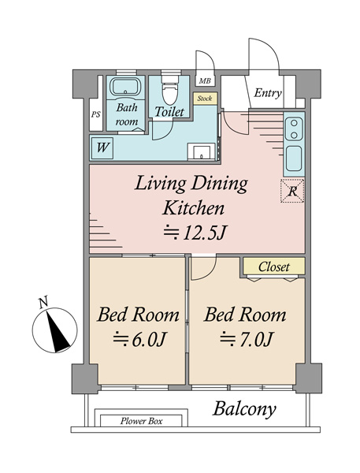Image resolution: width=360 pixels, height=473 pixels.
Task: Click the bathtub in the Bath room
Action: pyautogui.click(x=125, y=87)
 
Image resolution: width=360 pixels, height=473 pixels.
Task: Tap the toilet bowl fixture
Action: pyautogui.click(x=169, y=91)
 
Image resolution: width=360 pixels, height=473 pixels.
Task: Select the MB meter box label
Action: pyautogui.click(x=205, y=81)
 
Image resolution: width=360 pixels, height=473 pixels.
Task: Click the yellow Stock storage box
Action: pyautogui.click(x=205, y=99)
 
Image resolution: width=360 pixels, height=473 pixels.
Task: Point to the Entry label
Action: pyautogui.click(x=268, y=93)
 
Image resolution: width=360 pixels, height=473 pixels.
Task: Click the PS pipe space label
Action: pyautogui.click(x=96, y=114)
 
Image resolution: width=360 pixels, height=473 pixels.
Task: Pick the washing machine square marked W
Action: pyautogui.click(x=102, y=148)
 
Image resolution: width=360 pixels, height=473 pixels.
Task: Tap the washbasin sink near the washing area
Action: pyautogui.click(x=202, y=151)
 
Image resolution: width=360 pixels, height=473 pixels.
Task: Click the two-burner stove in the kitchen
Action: pyautogui.click(x=294, y=128)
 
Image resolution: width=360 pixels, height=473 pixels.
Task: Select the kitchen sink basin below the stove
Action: pyautogui.click(x=294, y=158)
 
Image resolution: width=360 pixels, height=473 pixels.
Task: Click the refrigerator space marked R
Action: pyautogui.click(x=292, y=191)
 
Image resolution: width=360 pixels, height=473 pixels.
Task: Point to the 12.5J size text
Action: pyautogui.click(x=195, y=233)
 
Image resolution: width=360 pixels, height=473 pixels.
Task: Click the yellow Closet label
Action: pyautogui.click(x=274, y=266)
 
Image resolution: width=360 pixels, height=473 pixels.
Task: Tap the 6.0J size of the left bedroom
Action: pyautogui.click(x=139, y=339)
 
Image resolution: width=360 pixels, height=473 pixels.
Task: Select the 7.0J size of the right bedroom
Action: pyautogui.click(x=247, y=339)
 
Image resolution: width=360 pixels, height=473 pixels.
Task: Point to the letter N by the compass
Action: pyautogui.click(x=43, y=303)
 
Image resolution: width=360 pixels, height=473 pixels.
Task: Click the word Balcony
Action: pyautogui.click(x=244, y=409)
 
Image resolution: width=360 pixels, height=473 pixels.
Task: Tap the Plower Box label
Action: pyautogui.click(x=141, y=421)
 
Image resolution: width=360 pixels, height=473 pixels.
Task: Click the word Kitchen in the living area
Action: pyautogui.click(x=194, y=208)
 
